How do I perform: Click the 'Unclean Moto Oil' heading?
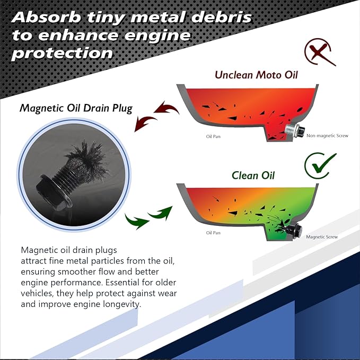[x=256, y=75]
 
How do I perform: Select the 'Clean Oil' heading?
[x=253, y=175]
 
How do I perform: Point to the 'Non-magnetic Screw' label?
[x=327, y=136]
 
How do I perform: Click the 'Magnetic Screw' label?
[x=322, y=236]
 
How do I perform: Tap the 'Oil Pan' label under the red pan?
[x=213, y=136]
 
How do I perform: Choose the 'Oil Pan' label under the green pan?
[x=213, y=233]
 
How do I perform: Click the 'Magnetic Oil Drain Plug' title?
[x=76, y=108]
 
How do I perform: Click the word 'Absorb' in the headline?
[x=46, y=17]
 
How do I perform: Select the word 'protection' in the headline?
[x=62, y=53]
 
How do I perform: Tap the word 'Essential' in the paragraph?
[x=122, y=282]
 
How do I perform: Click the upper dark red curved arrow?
[x=166, y=108]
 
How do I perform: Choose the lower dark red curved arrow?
[x=145, y=123]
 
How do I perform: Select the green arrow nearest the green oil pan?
[x=161, y=213]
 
